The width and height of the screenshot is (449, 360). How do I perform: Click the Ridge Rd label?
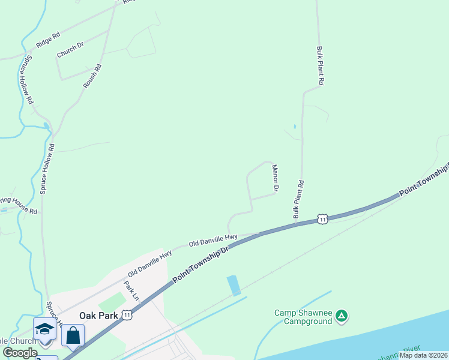click(x=49, y=40)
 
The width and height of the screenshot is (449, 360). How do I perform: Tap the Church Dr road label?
click(x=70, y=50)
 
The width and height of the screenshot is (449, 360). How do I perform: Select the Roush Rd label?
click(x=92, y=76)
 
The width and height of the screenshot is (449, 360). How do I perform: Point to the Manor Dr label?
click(x=274, y=179)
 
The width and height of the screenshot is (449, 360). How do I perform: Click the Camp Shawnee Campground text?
click(x=303, y=317)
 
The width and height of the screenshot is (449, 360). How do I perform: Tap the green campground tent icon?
click(x=341, y=315)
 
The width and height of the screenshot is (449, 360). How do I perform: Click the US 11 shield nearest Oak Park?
click(x=126, y=314)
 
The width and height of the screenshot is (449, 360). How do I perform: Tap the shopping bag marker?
click(x=73, y=335)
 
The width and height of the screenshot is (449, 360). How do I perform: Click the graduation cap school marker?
click(x=44, y=329)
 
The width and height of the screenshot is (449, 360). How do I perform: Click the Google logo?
click(x=20, y=353)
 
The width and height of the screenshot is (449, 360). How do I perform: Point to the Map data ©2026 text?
click(x=423, y=355)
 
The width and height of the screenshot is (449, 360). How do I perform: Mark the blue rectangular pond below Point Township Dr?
click(x=234, y=286)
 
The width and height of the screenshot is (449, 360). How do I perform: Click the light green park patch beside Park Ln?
click(x=112, y=302)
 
